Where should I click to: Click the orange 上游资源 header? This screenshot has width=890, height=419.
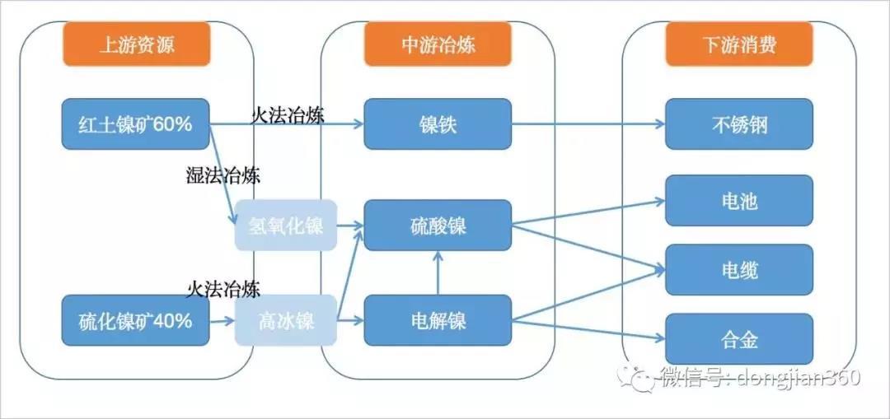137,44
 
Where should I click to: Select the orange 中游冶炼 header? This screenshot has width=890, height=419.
438,44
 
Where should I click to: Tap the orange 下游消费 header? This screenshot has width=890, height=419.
739,44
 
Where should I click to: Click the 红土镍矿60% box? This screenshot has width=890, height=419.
137,124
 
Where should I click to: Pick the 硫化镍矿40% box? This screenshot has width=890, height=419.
137,320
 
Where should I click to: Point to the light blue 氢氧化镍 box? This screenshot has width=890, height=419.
286,225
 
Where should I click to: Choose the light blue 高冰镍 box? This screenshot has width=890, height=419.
286,320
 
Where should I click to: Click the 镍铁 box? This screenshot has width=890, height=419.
438,124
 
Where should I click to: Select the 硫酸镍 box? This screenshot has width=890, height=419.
438,225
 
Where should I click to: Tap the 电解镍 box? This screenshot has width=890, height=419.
438,320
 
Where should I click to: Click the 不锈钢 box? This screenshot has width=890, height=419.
739,124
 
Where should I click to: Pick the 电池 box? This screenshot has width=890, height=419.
739,202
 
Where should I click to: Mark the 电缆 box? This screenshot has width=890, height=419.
739,270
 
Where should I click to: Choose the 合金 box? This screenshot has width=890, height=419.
739,339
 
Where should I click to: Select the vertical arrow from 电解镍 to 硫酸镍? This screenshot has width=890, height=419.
438,272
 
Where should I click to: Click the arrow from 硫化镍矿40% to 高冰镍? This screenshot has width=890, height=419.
222,320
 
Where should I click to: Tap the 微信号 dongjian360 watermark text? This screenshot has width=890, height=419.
758,378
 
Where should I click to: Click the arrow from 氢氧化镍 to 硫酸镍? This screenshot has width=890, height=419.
350,225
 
